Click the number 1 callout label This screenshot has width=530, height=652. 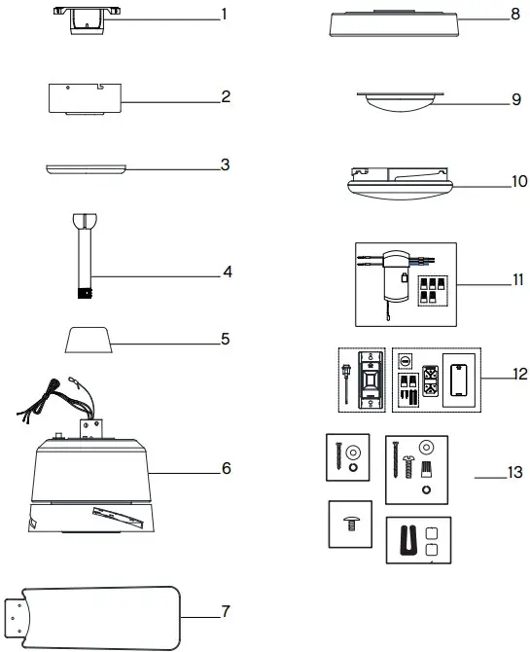click(224, 17)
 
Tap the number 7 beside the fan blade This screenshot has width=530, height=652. click(225, 612)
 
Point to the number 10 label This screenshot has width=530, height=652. click(519, 181)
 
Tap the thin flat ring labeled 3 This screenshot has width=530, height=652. click(85, 168)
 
